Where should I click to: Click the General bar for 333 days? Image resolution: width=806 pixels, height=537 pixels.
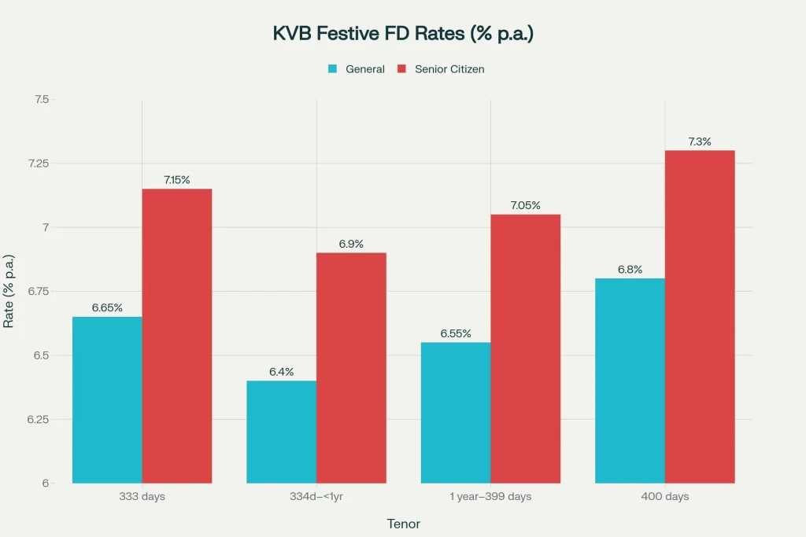pyautogui.click(x=107, y=399)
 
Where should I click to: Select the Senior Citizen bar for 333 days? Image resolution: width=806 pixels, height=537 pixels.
pyautogui.click(x=177, y=336)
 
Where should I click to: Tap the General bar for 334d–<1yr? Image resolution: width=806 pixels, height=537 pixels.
pyautogui.click(x=281, y=432)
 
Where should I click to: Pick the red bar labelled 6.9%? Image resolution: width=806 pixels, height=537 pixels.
pyautogui.click(x=351, y=367)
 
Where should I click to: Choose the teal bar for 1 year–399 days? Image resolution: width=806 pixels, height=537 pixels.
pyautogui.click(x=455, y=412)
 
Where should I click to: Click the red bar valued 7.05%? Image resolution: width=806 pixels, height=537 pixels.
pyautogui.click(x=525, y=348)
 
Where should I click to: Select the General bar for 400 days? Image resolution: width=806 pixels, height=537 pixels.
pyautogui.click(x=630, y=381)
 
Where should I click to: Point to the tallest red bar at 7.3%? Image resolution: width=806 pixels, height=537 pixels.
pyautogui.click(x=700, y=316)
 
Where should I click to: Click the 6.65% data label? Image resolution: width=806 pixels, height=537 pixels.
pyautogui.click(x=107, y=307)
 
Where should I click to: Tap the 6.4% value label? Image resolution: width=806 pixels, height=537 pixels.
pyautogui.click(x=281, y=371)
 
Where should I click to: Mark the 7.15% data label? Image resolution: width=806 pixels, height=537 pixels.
pyautogui.click(x=177, y=180)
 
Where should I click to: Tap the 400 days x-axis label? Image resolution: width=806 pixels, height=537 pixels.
pyautogui.click(x=665, y=497)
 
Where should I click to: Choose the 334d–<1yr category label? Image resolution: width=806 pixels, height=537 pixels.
pyautogui.click(x=316, y=497)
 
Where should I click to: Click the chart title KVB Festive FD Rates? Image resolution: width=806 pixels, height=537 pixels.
pyautogui.click(x=403, y=34)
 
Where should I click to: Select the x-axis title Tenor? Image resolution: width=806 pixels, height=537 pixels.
pyautogui.click(x=403, y=523)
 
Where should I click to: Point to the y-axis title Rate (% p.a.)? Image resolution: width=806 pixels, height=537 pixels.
pyautogui.click(x=9, y=291)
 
